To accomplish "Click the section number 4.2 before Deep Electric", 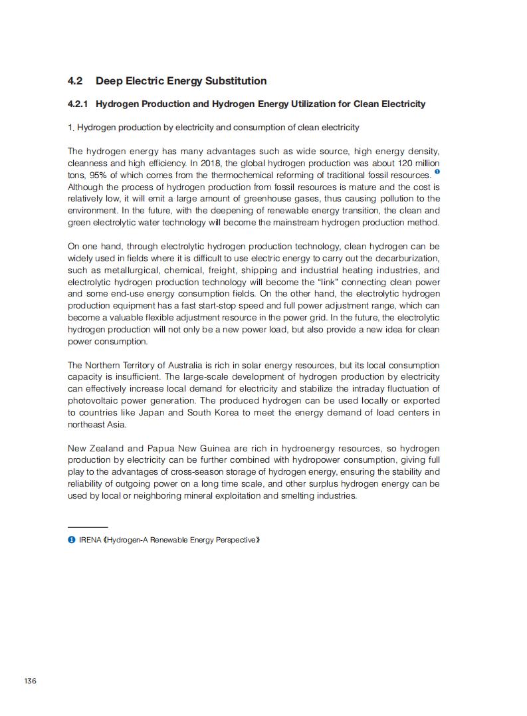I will [x=75, y=81].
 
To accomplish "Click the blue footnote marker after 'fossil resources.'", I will [x=437, y=172].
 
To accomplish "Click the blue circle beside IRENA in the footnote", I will [x=71, y=540].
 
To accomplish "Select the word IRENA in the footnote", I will [x=90, y=540].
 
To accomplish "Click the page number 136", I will [x=30, y=681].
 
